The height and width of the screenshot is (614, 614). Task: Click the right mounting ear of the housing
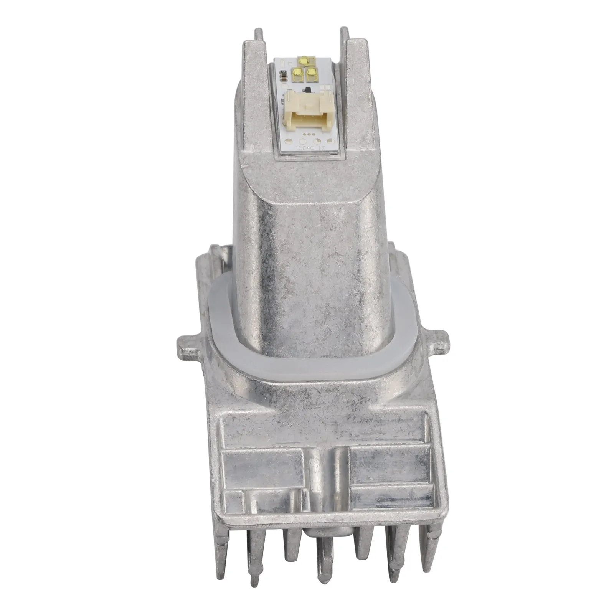tap(441, 342)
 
